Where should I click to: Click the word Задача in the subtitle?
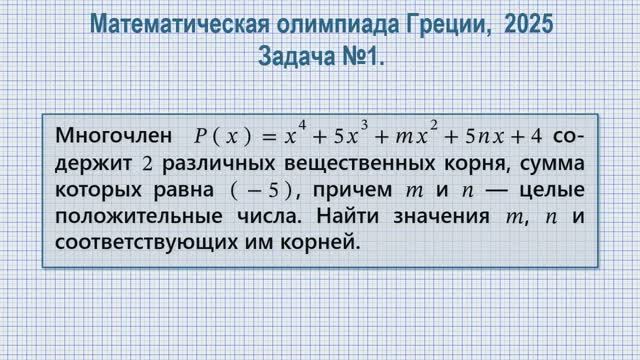(295, 58)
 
